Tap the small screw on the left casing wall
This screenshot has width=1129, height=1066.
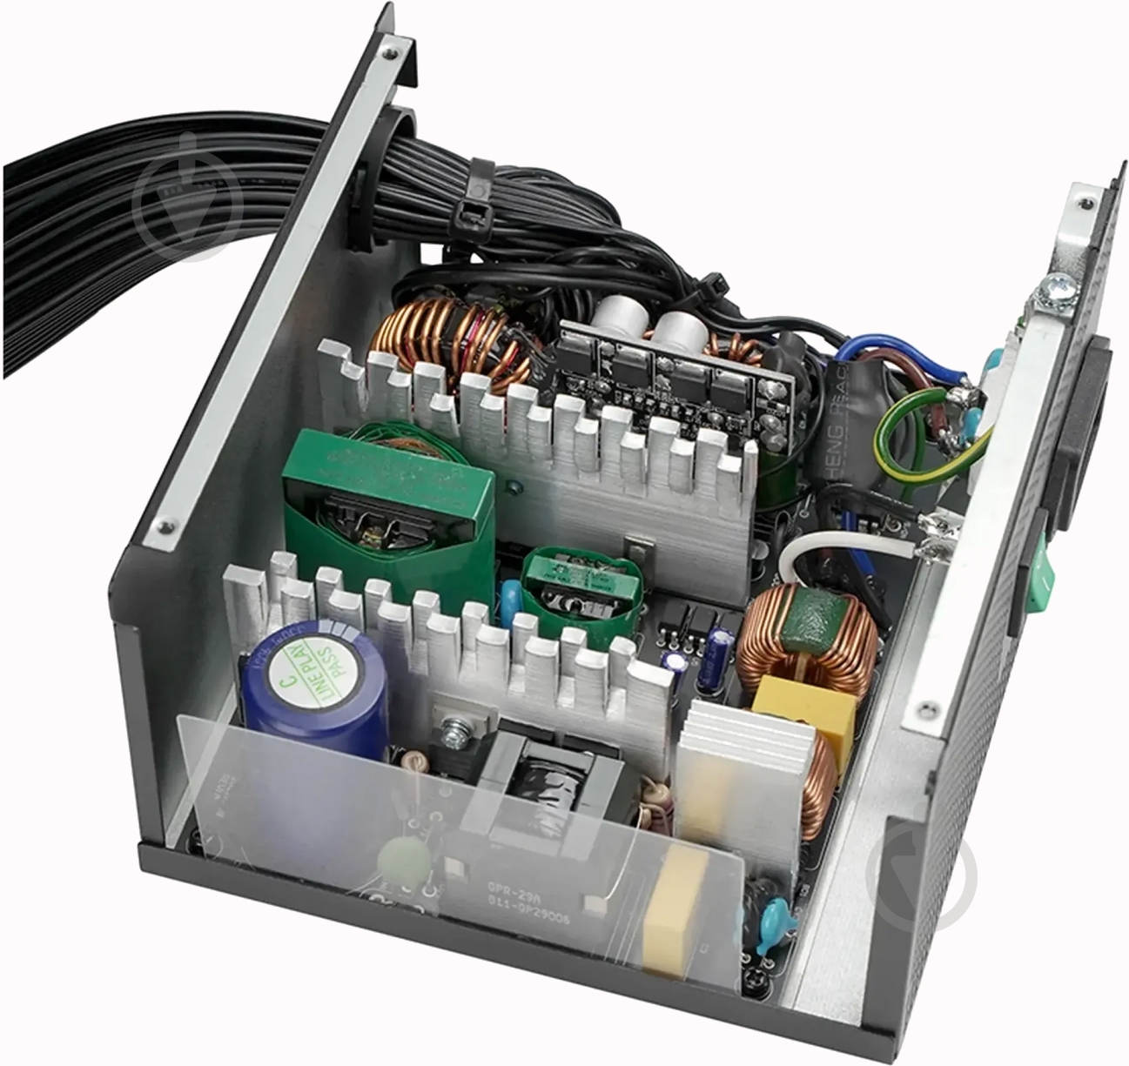pyautogui.click(x=163, y=525)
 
